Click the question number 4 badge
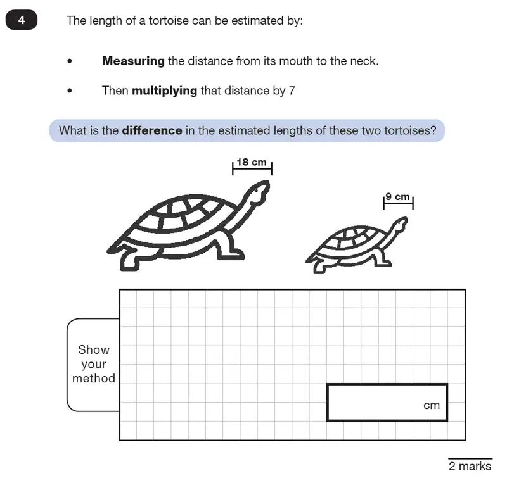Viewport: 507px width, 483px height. click(22, 20)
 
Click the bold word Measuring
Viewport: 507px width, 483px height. click(133, 61)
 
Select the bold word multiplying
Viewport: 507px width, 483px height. click(164, 91)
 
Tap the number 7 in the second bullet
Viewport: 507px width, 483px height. click(292, 91)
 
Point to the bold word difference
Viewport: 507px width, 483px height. click(151, 131)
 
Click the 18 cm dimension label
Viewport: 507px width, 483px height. click(252, 163)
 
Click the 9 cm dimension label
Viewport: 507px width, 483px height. click(398, 198)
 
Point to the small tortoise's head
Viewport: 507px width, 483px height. click(399, 225)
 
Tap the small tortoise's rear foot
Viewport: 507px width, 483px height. click(317, 266)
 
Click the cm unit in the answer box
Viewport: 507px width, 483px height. click(432, 405)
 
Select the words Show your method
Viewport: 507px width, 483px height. click(94, 364)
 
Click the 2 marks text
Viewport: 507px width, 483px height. click(470, 466)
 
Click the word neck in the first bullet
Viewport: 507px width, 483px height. click(365, 61)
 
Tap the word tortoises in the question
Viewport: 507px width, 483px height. click(413, 131)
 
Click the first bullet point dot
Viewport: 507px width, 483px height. click(70, 61)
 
